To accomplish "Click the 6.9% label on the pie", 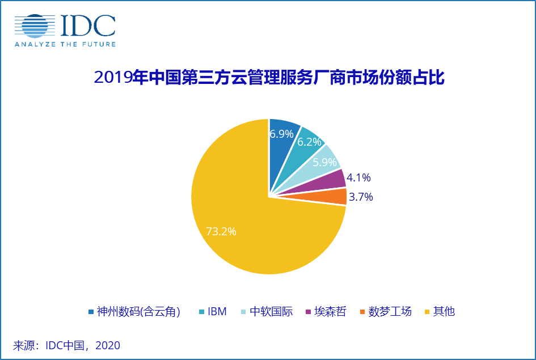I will tap(281, 134).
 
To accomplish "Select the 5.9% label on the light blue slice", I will tap(324, 162).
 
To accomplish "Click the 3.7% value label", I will tap(361, 197).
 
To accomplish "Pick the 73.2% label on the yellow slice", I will tap(221, 231).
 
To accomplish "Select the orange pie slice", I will tap(335, 197).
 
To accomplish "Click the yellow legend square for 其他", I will tap(428, 311).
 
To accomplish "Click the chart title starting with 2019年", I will tap(268, 78).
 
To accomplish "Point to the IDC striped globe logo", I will tap(35, 27).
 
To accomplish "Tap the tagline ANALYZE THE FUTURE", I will tap(65, 44).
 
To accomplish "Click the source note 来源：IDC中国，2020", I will tap(66, 345).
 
